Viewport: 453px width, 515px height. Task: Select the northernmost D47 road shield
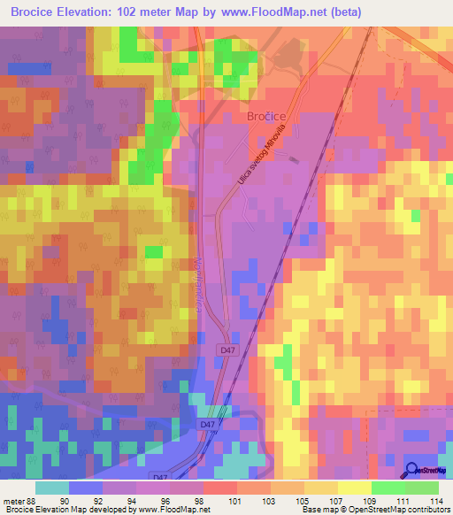(x=227, y=350)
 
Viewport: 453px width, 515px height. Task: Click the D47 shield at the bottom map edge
(x=159, y=477)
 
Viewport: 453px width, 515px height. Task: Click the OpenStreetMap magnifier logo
(x=412, y=471)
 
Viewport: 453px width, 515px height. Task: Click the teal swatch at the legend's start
(x=52, y=488)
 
